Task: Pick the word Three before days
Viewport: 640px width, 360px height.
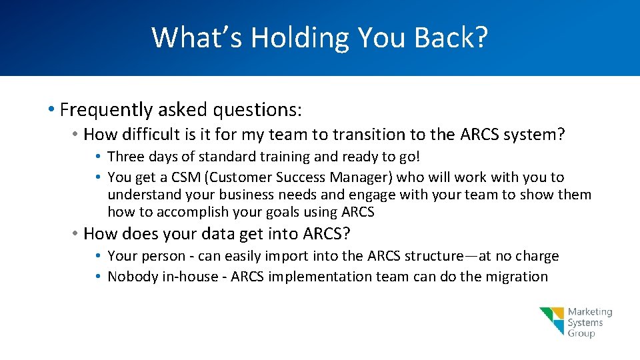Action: click(x=125, y=157)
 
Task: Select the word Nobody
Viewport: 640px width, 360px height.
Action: click(x=133, y=277)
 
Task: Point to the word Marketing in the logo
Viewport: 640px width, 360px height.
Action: click(x=590, y=312)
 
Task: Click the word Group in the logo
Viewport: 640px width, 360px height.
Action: click(x=581, y=333)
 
